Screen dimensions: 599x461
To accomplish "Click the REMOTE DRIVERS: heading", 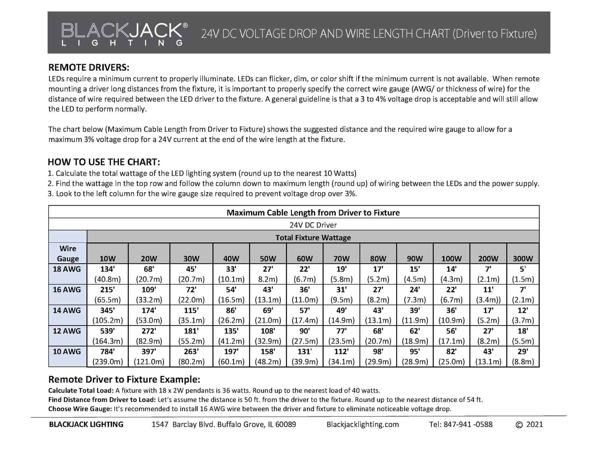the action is (89, 68).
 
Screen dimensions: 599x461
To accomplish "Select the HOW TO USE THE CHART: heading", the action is (104, 162).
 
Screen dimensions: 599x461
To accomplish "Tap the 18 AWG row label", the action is (67, 269).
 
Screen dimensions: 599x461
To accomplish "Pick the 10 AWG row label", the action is (67, 351).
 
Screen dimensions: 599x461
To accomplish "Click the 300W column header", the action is (523, 258).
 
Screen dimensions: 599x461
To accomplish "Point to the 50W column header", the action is (268, 258).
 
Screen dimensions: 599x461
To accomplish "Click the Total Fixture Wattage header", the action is (313, 237).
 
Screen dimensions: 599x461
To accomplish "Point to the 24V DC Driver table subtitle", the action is (313, 225).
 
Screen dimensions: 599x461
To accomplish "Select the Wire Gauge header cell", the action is (68, 254).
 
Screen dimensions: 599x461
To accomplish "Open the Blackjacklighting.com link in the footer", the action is (362, 424).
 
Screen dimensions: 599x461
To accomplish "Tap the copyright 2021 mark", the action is (529, 424).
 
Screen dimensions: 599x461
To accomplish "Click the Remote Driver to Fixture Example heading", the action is (124, 379).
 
